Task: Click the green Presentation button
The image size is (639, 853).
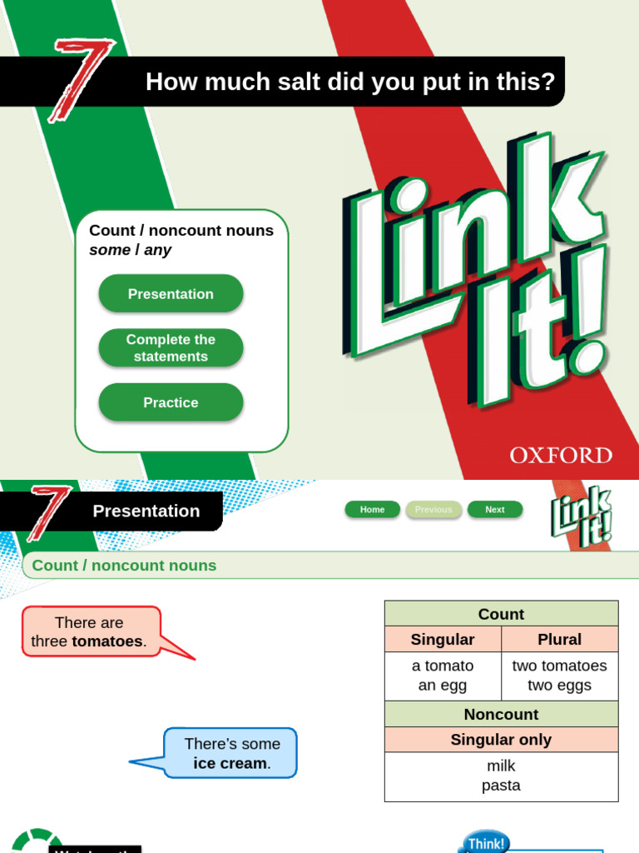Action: pyautogui.click(x=171, y=294)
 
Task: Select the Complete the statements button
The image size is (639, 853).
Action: pyautogui.click(x=171, y=348)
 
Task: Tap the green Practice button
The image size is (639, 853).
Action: pyautogui.click(x=171, y=402)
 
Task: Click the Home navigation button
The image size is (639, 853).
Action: pyautogui.click(x=372, y=510)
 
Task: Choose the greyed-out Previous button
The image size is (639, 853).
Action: pyautogui.click(x=433, y=510)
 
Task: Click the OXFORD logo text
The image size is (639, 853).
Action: pyautogui.click(x=561, y=456)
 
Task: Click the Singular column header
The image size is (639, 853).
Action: pyautogui.click(x=443, y=640)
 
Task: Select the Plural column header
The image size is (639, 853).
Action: pyautogui.click(x=560, y=640)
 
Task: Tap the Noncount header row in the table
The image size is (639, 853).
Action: pyautogui.click(x=501, y=715)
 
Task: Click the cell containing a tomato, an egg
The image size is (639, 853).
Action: pyautogui.click(x=443, y=676)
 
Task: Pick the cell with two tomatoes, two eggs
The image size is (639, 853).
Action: pyautogui.click(x=560, y=676)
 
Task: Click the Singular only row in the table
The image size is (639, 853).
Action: pyautogui.click(x=501, y=740)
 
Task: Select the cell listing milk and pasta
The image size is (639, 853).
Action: pyautogui.click(x=501, y=776)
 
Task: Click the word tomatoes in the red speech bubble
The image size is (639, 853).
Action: pyautogui.click(x=107, y=641)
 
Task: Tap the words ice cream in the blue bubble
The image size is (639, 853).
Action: pyautogui.click(x=230, y=763)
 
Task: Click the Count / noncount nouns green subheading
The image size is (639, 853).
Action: pyautogui.click(x=124, y=566)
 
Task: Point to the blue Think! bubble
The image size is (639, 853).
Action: pyautogui.click(x=486, y=841)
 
